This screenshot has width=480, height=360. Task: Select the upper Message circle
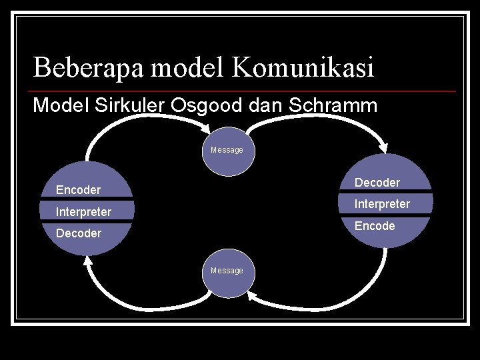(227, 151)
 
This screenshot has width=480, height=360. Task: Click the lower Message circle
(227, 271)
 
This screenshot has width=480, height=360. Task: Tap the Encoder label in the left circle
(78, 190)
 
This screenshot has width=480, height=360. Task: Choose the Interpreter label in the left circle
(83, 212)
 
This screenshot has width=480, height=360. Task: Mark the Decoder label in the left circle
(79, 233)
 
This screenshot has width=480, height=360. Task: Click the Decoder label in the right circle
(377, 183)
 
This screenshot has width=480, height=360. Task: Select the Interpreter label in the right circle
(382, 204)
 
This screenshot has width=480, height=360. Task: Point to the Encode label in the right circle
(375, 226)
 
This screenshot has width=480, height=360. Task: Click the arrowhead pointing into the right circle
(384, 147)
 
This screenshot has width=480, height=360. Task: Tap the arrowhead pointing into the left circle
(87, 263)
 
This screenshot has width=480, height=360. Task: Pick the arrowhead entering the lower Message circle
(252, 294)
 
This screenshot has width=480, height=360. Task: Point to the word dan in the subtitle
(271, 105)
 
